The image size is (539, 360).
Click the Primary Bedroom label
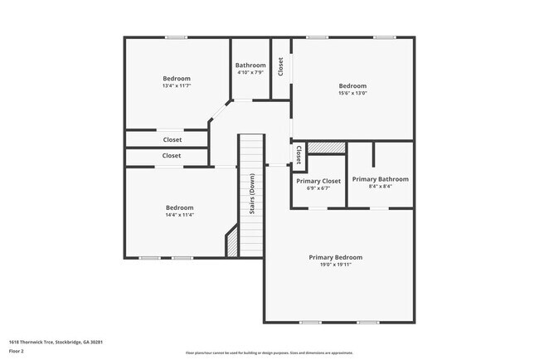pyautogui.click(x=335, y=257)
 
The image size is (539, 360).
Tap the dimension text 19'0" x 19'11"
pyautogui.click(x=335, y=265)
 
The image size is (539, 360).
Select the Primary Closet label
pyautogui.click(x=318, y=181)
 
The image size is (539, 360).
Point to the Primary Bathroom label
pyautogui.click(x=380, y=179)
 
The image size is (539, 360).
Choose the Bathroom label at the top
pyautogui.click(x=250, y=66)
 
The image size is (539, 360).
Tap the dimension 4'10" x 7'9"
pyautogui.click(x=250, y=73)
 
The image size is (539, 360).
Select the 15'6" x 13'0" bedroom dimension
pyautogui.click(x=352, y=93)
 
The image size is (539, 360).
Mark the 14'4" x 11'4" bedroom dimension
pyautogui.click(x=179, y=215)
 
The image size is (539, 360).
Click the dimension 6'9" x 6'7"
pyautogui.click(x=318, y=188)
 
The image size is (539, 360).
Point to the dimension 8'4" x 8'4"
pyautogui.click(x=380, y=187)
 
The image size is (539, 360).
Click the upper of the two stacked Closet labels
pyautogui.click(x=172, y=139)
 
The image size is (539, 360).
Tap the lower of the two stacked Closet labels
pyautogui.click(x=172, y=155)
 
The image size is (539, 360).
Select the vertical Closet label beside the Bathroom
pyautogui.click(x=281, y=66)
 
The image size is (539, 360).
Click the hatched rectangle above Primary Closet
pyautogui.click(x=325, y=148)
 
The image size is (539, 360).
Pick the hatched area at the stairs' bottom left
pyautogui.click(x=232, y=246)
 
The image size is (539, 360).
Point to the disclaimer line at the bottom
pyautogui.click(x=269, y=353)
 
